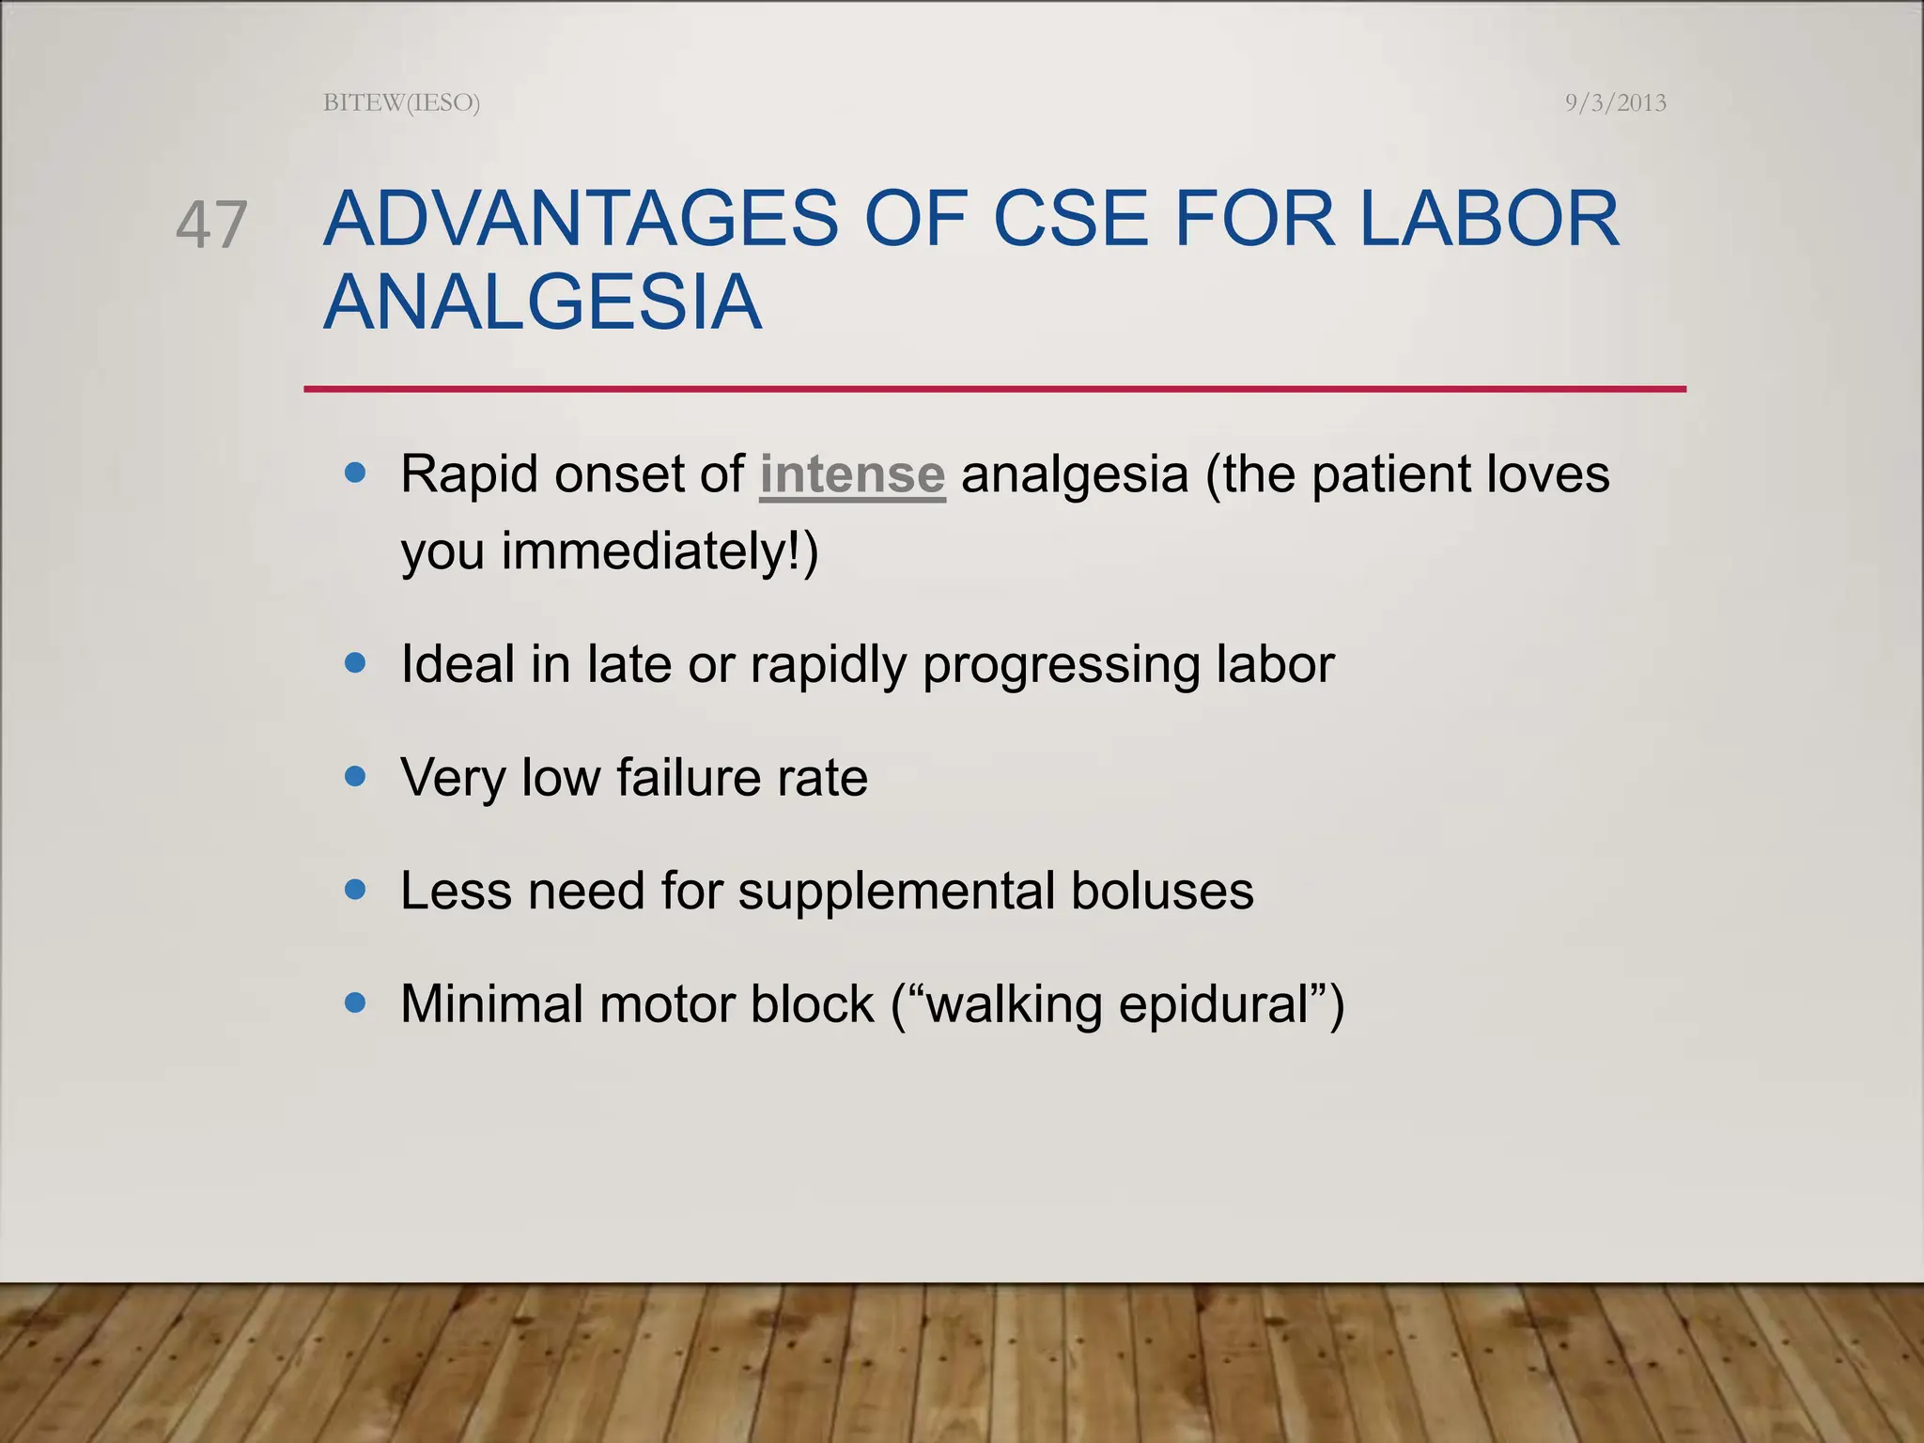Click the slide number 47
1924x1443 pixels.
pyautogui.click(x=211, y=225)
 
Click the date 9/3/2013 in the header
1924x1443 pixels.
pyautogui.click(x=1615, y=102)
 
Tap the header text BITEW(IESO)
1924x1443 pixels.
pyautogui.click(x=401, y=102)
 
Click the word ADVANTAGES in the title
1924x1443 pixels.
pyautogui.click(x=581, y=219)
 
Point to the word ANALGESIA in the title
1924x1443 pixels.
pyautogui.click(x=542, y=303)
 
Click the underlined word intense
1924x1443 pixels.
pyautogui.click(x=851, y=473)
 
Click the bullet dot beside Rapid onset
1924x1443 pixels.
pyautogui.click(x=355, y=473)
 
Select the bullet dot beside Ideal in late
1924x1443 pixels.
pyautogui.click(x=355, y=663)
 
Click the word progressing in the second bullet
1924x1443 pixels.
pyautogui.click(x=1061, y=665)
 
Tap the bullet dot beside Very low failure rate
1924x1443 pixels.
pyautogui.click(x=355, y=776)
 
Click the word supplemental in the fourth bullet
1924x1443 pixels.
pyautogui.click(x=895, y=891)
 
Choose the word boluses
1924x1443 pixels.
pyautogui.click(x=1161, y=891)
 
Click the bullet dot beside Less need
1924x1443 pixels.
pyautogui.click(x=355, y=889)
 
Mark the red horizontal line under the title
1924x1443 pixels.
pyautogui.click(x=994, y=389)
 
